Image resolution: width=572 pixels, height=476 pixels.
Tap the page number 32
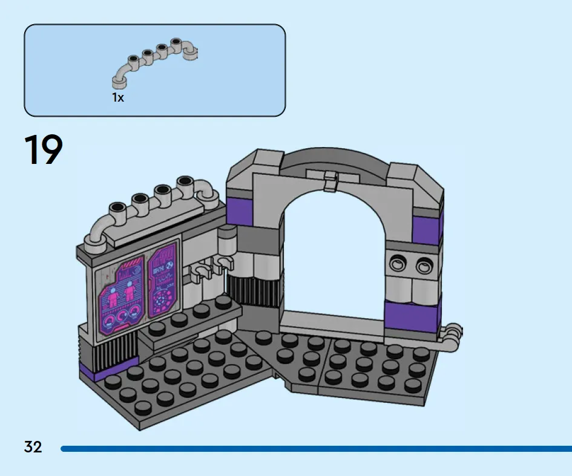[x=33, y=447]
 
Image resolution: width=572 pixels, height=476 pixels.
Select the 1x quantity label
[x=118, y=97]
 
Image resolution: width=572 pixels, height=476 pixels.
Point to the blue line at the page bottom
[x=316, y=449]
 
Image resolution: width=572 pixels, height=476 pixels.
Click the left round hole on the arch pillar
[x=397, y=262]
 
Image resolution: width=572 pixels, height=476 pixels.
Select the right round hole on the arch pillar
[x=423, y=266]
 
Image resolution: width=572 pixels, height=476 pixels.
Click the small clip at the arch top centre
[x=330, y=181]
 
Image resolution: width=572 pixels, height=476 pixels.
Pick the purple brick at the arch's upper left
[x=240, y=212]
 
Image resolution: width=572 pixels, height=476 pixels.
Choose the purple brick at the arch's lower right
[x=412, y=315]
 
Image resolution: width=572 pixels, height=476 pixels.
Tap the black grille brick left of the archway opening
[x=254, y=290]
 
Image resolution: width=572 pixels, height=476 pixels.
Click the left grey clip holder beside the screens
[x=198, y=273]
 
